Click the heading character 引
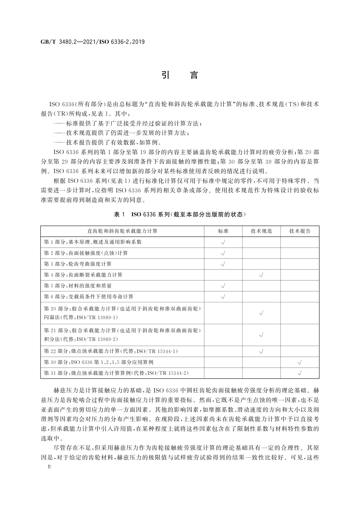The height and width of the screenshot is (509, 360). [165, 75]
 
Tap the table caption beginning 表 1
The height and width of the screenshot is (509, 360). [180, 214]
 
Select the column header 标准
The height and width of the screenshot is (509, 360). [223, 231]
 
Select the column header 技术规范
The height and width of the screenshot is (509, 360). [261, 231]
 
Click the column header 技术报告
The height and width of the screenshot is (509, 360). [300, 231]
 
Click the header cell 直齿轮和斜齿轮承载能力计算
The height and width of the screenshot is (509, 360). [122, 231]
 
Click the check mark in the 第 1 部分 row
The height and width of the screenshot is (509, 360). [223, 242]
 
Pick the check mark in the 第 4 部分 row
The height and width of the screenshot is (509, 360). [261, 275]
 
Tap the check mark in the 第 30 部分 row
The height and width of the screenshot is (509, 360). [300, 362]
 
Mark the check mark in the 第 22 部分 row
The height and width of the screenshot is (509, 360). [261, 351]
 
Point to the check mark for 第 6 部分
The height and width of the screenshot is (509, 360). [223, 297]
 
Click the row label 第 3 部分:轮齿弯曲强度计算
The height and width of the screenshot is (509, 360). [78, 264]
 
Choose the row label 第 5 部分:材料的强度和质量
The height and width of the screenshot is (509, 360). [78, 286]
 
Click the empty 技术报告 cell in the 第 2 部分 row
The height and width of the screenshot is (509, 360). [300, 253]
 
